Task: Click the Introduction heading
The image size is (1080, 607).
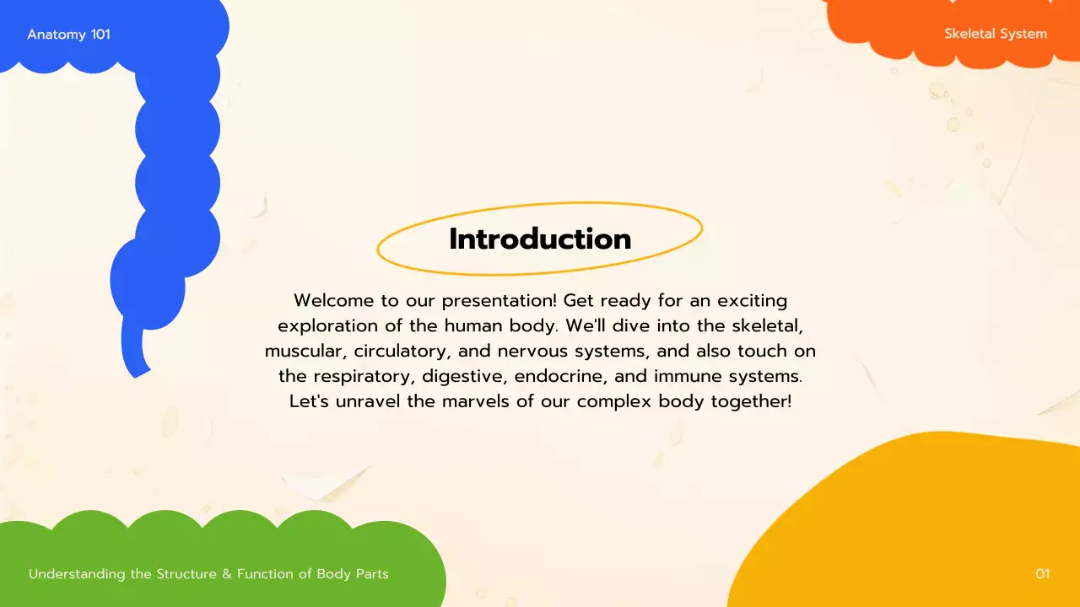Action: click(540, 239)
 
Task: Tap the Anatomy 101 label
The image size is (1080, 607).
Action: click(68, 35)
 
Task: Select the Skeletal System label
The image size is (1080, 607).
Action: click(996, 35)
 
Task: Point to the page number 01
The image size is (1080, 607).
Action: click(1043, 574)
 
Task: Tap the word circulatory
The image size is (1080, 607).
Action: click(402, 351)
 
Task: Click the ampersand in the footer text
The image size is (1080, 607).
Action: click(225, 574)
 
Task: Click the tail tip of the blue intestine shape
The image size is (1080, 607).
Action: click(138, 370)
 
